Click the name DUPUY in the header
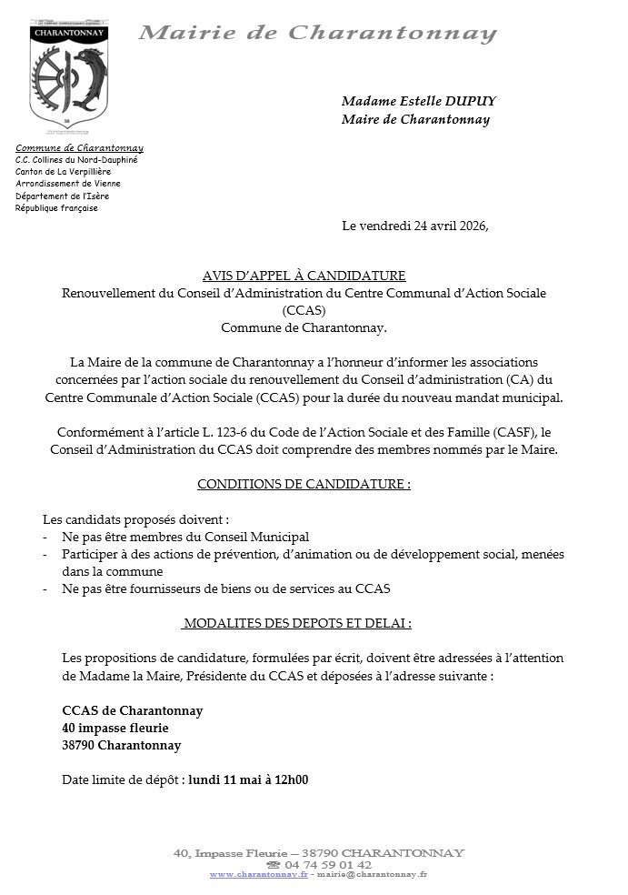click(x=473, y=101)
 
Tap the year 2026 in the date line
click(x=469, y=226)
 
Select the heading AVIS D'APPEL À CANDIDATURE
click(x=304, y=276)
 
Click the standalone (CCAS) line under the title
click(x=304, y=310)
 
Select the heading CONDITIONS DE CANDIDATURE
click(x=304, y=485)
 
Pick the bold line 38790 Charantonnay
click(x=122, y=745)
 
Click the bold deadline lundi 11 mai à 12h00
click(x=248, y=779)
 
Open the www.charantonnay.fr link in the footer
click(x=259, y=874)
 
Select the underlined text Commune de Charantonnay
click(x=79, y=147)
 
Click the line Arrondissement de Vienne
click(x=68, y=184)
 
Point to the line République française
click(x=57, y=207)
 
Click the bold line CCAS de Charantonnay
click(x=133, y=710)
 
